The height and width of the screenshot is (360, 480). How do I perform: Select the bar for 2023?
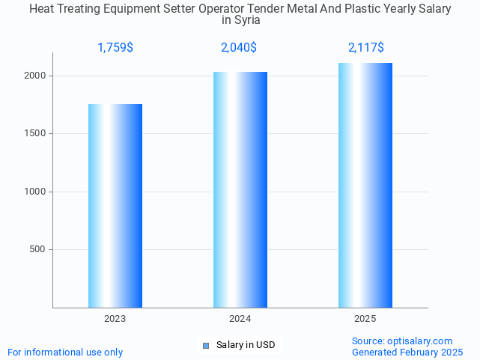pyautogui.click(x=115, y=206)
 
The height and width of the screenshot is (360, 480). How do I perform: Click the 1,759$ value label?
pyautogui.click(x=115, y=48)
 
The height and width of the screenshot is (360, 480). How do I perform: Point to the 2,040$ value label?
pyautogui.click(x=239, y=48)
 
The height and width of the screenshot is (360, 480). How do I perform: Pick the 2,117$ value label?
pyautogui.click(x=366, y=48)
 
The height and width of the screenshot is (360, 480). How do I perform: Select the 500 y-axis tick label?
pyautogui.click(x=38, y=249)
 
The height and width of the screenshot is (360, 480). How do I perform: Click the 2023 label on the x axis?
pyautogui.click(x=115, y=319)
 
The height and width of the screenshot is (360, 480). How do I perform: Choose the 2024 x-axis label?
pyautogui.click(x=240, y=319)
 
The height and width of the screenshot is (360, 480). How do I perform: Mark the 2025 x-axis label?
pyautogui.click(x=365, y=319)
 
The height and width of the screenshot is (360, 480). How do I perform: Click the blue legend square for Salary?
pyautogui.click(x=207, y=345)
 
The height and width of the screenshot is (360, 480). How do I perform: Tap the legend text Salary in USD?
pyautogui.click(x=246, y=345)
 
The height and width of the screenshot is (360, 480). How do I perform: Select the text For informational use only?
pyautogui.click(x=65, y=352)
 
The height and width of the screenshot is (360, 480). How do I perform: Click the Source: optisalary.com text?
pyautogui.click(x=402, y=341)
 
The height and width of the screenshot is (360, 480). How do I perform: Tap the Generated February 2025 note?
pyautogui.click(x=407, y=352)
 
